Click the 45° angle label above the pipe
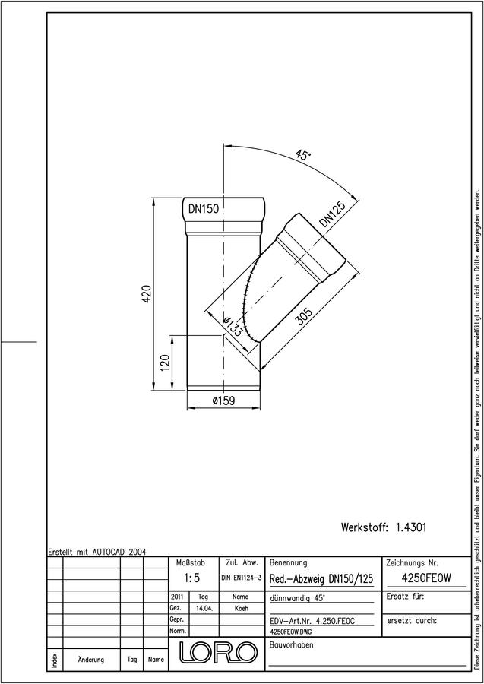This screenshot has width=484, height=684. pyautogui.click(x=302, y=155)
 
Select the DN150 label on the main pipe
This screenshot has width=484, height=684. pyautogui.click(x=203, y=209)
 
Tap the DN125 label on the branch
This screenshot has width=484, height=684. pyautogui.click(x=332, y=214)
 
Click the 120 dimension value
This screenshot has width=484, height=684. pyautogui.click(x=164, y=363)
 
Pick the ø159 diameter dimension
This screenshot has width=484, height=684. pyautogui.click(x=223, y=401)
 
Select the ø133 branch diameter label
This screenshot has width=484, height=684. pyautogui.click(x=232, y=326)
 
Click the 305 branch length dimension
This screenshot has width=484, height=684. pyautogui.click(x=303, y=317)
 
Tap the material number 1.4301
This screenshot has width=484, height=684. pyautogui.click(x=411, y=527)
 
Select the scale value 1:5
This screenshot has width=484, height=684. pyautogui.click(x=191, y=578)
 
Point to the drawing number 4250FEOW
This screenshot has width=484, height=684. pyautogui.click(x=425, y=578)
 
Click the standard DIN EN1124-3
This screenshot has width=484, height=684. pyautogui.click(x=241, y=578)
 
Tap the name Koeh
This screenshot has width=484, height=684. pyautogui.click(x=241, y=609)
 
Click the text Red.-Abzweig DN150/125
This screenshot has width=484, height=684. pyautogui.click(x=321, y=579)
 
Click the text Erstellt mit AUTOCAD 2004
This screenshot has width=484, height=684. pyautogui.click(x=97, y=552)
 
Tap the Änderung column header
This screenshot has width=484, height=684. pyautogui.click(x=90, y=660)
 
